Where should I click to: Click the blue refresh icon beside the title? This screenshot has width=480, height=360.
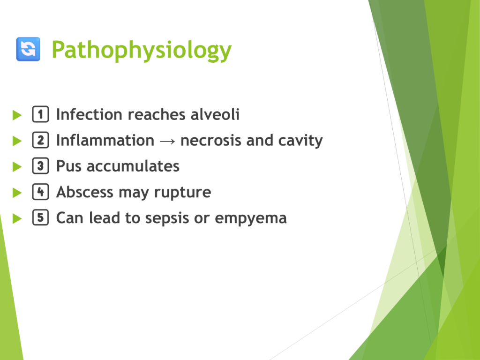pyautogui.click(x=28, y=49)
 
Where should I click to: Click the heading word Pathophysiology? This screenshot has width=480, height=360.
pyautogui.click(x=142, y=50)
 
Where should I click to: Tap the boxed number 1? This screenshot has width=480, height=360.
pyautogui.click(x=40, y=114)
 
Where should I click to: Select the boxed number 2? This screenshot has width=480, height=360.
pyautogui.click(x=40, y=140)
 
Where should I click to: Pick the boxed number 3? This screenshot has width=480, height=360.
pyautogui.click(x=40, y=166)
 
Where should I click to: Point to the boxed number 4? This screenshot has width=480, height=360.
pyautogui.click(x=40, y=192)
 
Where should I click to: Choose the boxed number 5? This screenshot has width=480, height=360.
pyautogui.click(x=40, y=217)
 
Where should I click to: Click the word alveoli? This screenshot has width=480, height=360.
pyautogui.click(x=215, y=114)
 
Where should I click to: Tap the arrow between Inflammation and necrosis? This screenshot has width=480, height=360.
pyautogui.click(x=167, y=141)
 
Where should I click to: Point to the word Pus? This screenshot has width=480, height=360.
pyautogui.click(x=69, y=166)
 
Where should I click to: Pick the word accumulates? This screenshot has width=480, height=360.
pyautogui.click(x=133, y=166)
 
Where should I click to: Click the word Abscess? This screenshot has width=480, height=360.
pyautogui.click(x=85, y=192)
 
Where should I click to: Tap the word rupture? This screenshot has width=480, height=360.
pyautogui.click(x=182, y=193)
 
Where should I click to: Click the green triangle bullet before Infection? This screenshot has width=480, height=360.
pyautogui.click(x=17, y=115)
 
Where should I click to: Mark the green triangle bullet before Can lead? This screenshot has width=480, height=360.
pyautogui.click(x=17, y=218)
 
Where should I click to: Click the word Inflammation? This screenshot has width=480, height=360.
pyautogui.click(x=105, y=141)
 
